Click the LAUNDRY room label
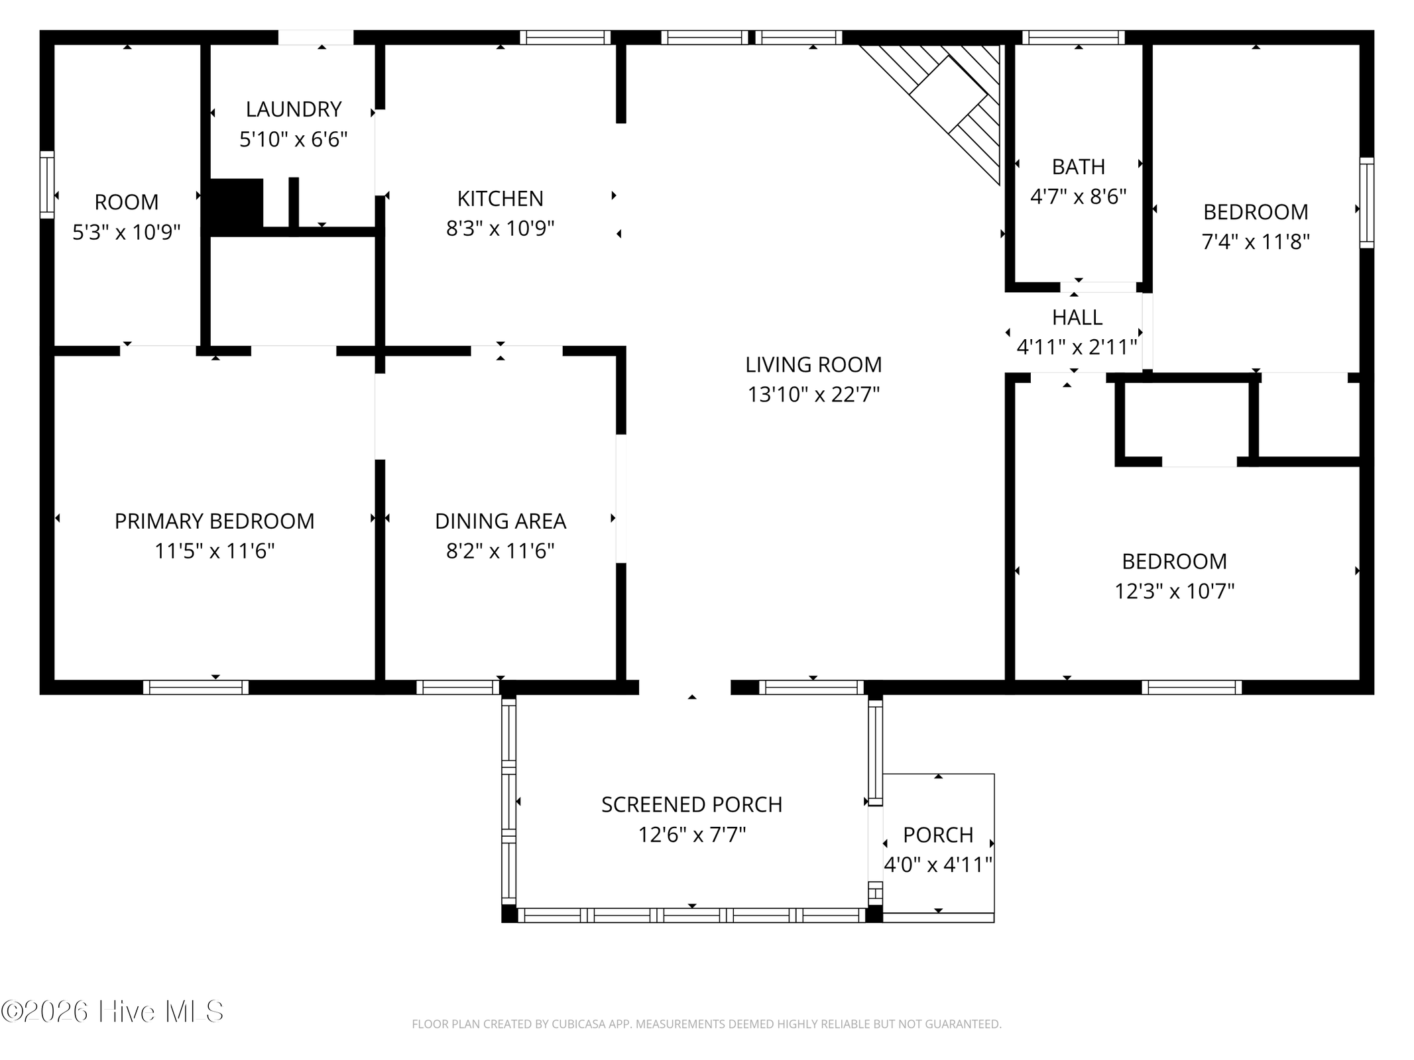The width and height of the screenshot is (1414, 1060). (x=294, y=109)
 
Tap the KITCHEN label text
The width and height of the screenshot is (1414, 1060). (x=501, y=199)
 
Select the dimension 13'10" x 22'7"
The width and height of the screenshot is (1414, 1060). (x=813, y=395)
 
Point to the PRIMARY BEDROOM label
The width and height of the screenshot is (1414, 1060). (x=215, y=521)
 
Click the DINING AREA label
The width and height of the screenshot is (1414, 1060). (x=501, y=521)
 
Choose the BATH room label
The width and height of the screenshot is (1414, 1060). (x=1079, y=167)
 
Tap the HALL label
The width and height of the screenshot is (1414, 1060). (x=1077, y=318)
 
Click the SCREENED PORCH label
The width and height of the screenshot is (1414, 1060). (x=692, y=804)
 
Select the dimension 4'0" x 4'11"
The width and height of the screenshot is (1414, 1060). (x=938, y=865)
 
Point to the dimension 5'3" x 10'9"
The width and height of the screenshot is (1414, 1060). (x=127, y=232)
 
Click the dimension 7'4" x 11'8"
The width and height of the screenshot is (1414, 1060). (x=1256, y=242)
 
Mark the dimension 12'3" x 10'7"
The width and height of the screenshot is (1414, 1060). (x=1175, y=591)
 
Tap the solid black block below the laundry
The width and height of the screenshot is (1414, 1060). (x=237, y=204)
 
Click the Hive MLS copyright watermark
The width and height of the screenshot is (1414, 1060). (x=112, y=1012)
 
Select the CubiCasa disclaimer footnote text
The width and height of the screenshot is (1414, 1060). (x=707, y=1024)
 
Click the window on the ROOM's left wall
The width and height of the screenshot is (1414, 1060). (x=46, y=185)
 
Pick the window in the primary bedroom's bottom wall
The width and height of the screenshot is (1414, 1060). (x=196, y=688)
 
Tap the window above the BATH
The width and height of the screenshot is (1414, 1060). (x=1073, y=37)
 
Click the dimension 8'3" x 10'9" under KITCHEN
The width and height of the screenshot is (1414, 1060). (x=501, y=229)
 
